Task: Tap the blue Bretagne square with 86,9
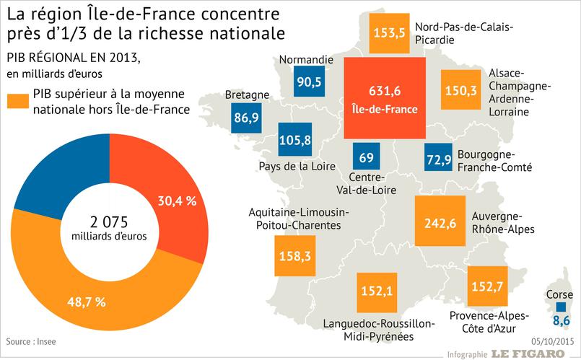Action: [x=246, y=118]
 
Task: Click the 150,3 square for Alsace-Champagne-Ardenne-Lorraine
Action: [x=460, y=89]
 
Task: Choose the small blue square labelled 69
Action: [x=366, y=157]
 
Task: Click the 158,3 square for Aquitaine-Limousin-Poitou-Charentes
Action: [x=295, y=255]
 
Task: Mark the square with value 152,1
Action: [x=377, y=291]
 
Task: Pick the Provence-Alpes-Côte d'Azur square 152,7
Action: [x=486, y=286]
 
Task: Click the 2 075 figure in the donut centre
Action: [x=108, y=221]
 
